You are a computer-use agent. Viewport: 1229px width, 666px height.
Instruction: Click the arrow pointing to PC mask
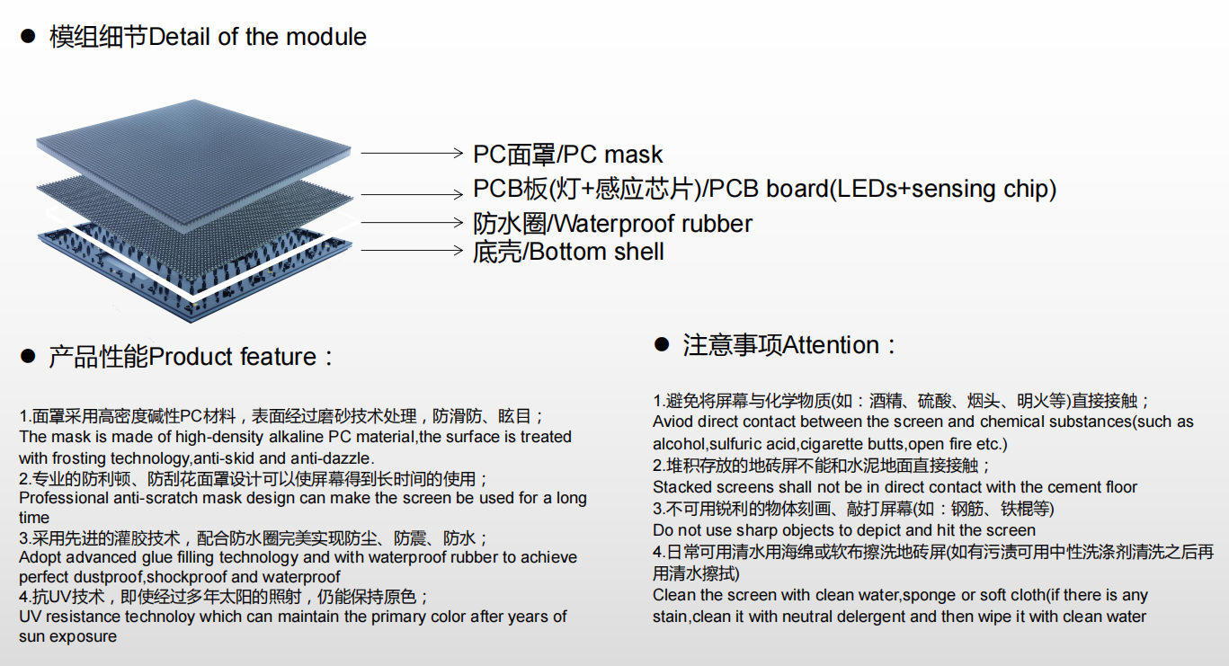coord(412,153)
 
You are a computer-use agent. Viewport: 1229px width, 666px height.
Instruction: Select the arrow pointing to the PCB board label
coord(412,194)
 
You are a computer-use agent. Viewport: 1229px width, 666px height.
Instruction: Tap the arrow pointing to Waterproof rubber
coord(412,222)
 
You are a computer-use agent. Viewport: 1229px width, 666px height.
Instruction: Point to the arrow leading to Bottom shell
coord(412,250)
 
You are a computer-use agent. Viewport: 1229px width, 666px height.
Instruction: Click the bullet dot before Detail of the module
coord(28,36)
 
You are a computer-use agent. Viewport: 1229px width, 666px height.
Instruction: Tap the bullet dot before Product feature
coord(28,356)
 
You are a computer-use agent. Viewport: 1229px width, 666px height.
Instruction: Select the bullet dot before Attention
coord(662,344)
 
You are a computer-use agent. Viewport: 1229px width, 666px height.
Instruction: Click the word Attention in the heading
coord(832,345)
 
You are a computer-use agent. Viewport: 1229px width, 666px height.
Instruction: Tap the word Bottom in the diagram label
coord(568,252)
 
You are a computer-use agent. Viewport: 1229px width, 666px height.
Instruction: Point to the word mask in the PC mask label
coord(633,155)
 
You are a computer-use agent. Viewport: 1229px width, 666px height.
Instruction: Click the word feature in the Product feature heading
coord(278,357)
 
